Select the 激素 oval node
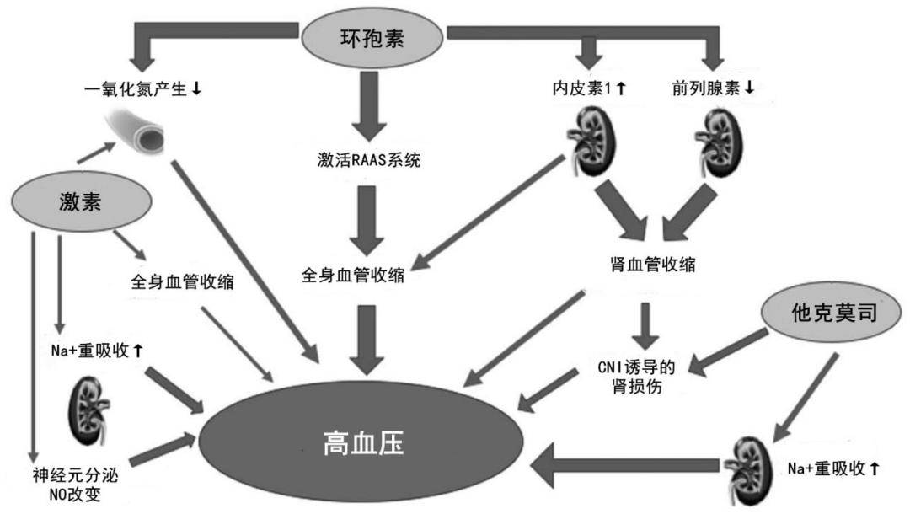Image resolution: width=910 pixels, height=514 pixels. click(82, 201)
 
